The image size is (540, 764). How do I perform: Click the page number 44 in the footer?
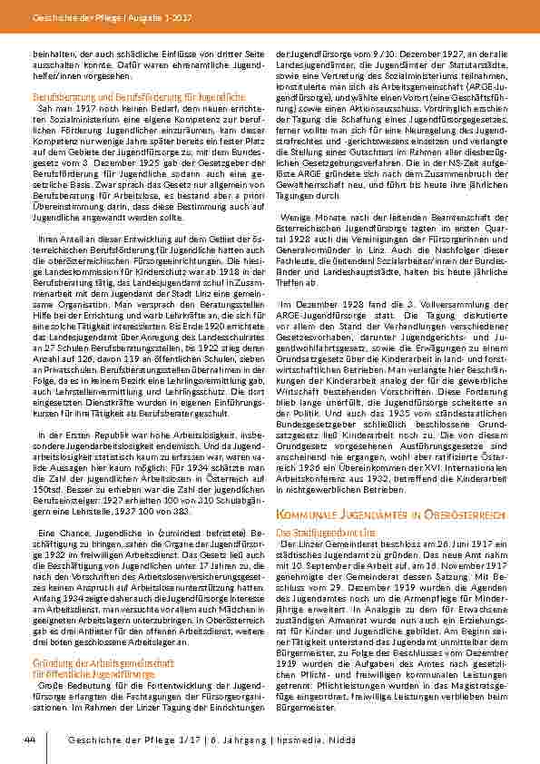point(30,741)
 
